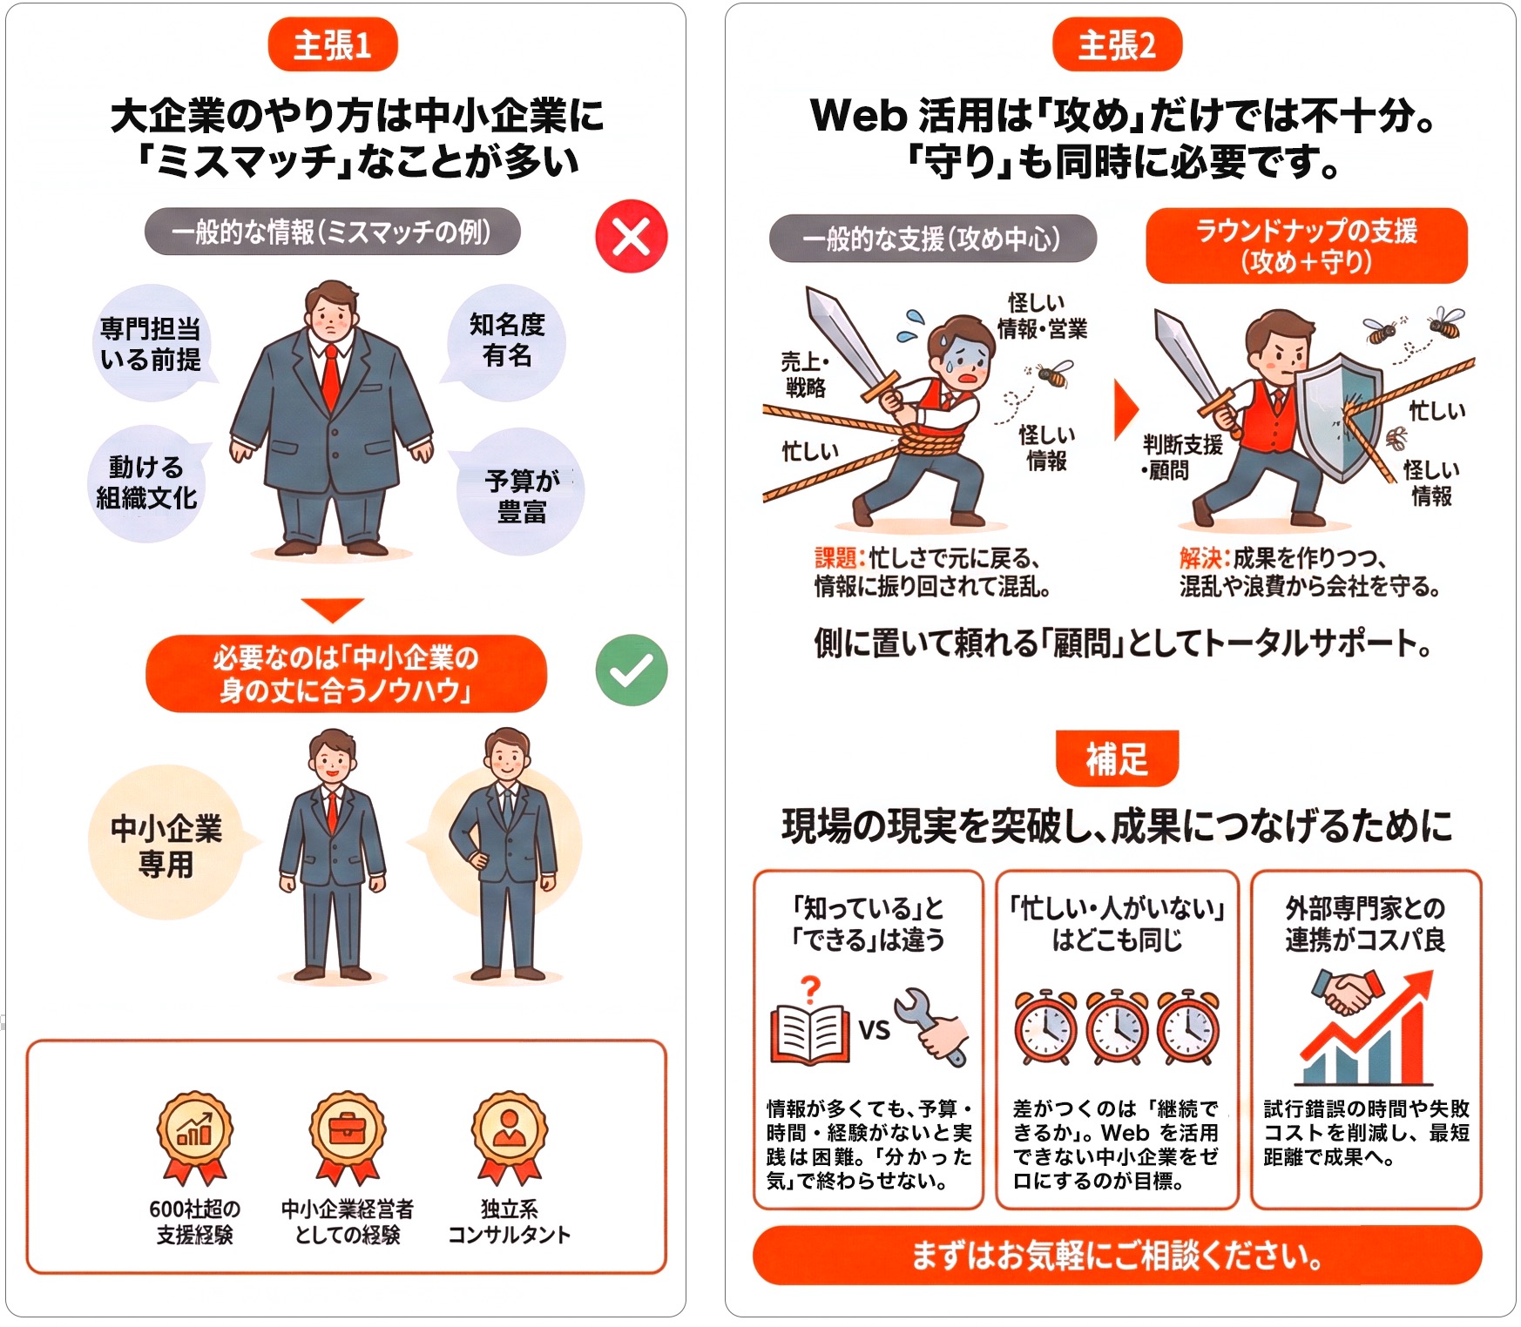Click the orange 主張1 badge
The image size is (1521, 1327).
point(332,45)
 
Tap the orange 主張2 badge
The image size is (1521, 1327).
point(1117,45)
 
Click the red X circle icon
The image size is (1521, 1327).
point(631,236)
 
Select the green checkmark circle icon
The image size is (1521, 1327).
point(631,670)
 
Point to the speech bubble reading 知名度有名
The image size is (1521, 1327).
point(506,340)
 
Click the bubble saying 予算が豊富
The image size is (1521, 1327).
point(521,495)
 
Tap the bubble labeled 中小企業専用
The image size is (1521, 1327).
point(166,845)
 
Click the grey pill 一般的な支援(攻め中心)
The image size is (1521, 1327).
point(931,239)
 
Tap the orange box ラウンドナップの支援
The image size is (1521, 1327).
point(1306,246)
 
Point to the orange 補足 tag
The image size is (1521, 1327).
point(1117,758)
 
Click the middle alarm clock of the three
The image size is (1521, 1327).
point(1117,1027)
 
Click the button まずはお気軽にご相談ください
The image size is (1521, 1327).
point(1117,1255)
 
